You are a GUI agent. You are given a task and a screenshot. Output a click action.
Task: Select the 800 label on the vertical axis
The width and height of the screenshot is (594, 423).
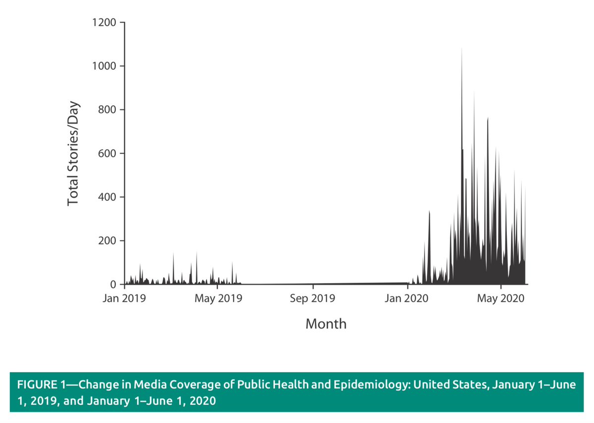click(x=107, y=110)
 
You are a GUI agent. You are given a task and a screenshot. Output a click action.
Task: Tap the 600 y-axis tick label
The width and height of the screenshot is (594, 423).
click(x=107, y=153)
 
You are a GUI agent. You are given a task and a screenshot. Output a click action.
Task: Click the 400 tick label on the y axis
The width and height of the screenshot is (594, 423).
click(x=107, y=197)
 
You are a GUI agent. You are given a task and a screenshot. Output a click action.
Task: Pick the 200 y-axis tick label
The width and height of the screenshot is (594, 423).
click(x=107, y=241)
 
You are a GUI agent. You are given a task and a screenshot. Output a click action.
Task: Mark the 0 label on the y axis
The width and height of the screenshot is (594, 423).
click(x=113, y=284)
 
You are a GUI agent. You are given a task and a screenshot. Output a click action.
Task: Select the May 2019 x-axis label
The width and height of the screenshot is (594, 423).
click(x=218, y=298)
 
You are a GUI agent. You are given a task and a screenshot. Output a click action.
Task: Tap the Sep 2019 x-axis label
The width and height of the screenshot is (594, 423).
click(x=313, y=298)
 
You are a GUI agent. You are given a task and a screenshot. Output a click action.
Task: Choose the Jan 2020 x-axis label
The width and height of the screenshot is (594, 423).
click(x=407, y=298)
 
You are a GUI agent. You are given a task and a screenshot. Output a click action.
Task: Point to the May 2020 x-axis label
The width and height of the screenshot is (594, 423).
click(x=501, y=298)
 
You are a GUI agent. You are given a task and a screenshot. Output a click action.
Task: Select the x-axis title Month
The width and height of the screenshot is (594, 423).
click(x=326, y=324)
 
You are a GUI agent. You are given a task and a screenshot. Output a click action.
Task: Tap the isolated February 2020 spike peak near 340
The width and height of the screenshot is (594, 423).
click(x=429, y=212)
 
